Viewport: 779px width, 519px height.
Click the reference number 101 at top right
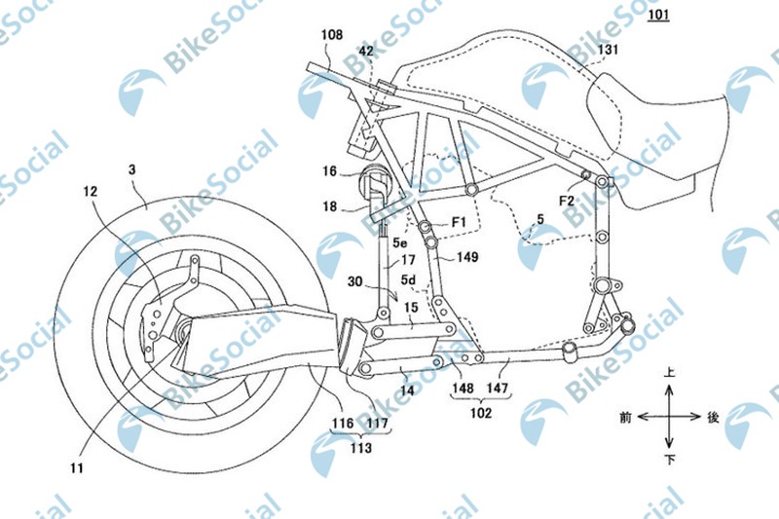click(658, 14)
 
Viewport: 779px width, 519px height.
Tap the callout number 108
click(331, 35)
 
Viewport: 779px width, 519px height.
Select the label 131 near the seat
click(608, 49)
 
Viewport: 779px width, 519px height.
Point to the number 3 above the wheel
click(131, 169)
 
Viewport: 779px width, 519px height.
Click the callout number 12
click(90, 191)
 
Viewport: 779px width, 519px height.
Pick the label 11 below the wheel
click(77, 467)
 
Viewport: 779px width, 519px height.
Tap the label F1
click(459, 222)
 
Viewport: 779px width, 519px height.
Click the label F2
click(567, 201)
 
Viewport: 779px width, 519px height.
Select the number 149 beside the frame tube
click(467, 257)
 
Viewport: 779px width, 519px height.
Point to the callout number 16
click(329, 171)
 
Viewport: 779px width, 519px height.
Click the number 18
click(329, 206)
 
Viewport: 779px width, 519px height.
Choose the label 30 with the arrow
click(354, 282)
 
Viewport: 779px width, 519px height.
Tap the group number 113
click(360, 448)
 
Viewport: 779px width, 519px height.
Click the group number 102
click(480, 413)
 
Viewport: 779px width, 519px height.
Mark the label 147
click(498, 388)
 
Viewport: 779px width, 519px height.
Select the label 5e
click(399, 242)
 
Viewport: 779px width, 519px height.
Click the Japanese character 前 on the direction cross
click(625, 418)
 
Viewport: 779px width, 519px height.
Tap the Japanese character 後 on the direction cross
click(713, 417)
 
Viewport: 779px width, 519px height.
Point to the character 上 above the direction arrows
click(670, 373)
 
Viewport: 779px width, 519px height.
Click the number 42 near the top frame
click(366, 52)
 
